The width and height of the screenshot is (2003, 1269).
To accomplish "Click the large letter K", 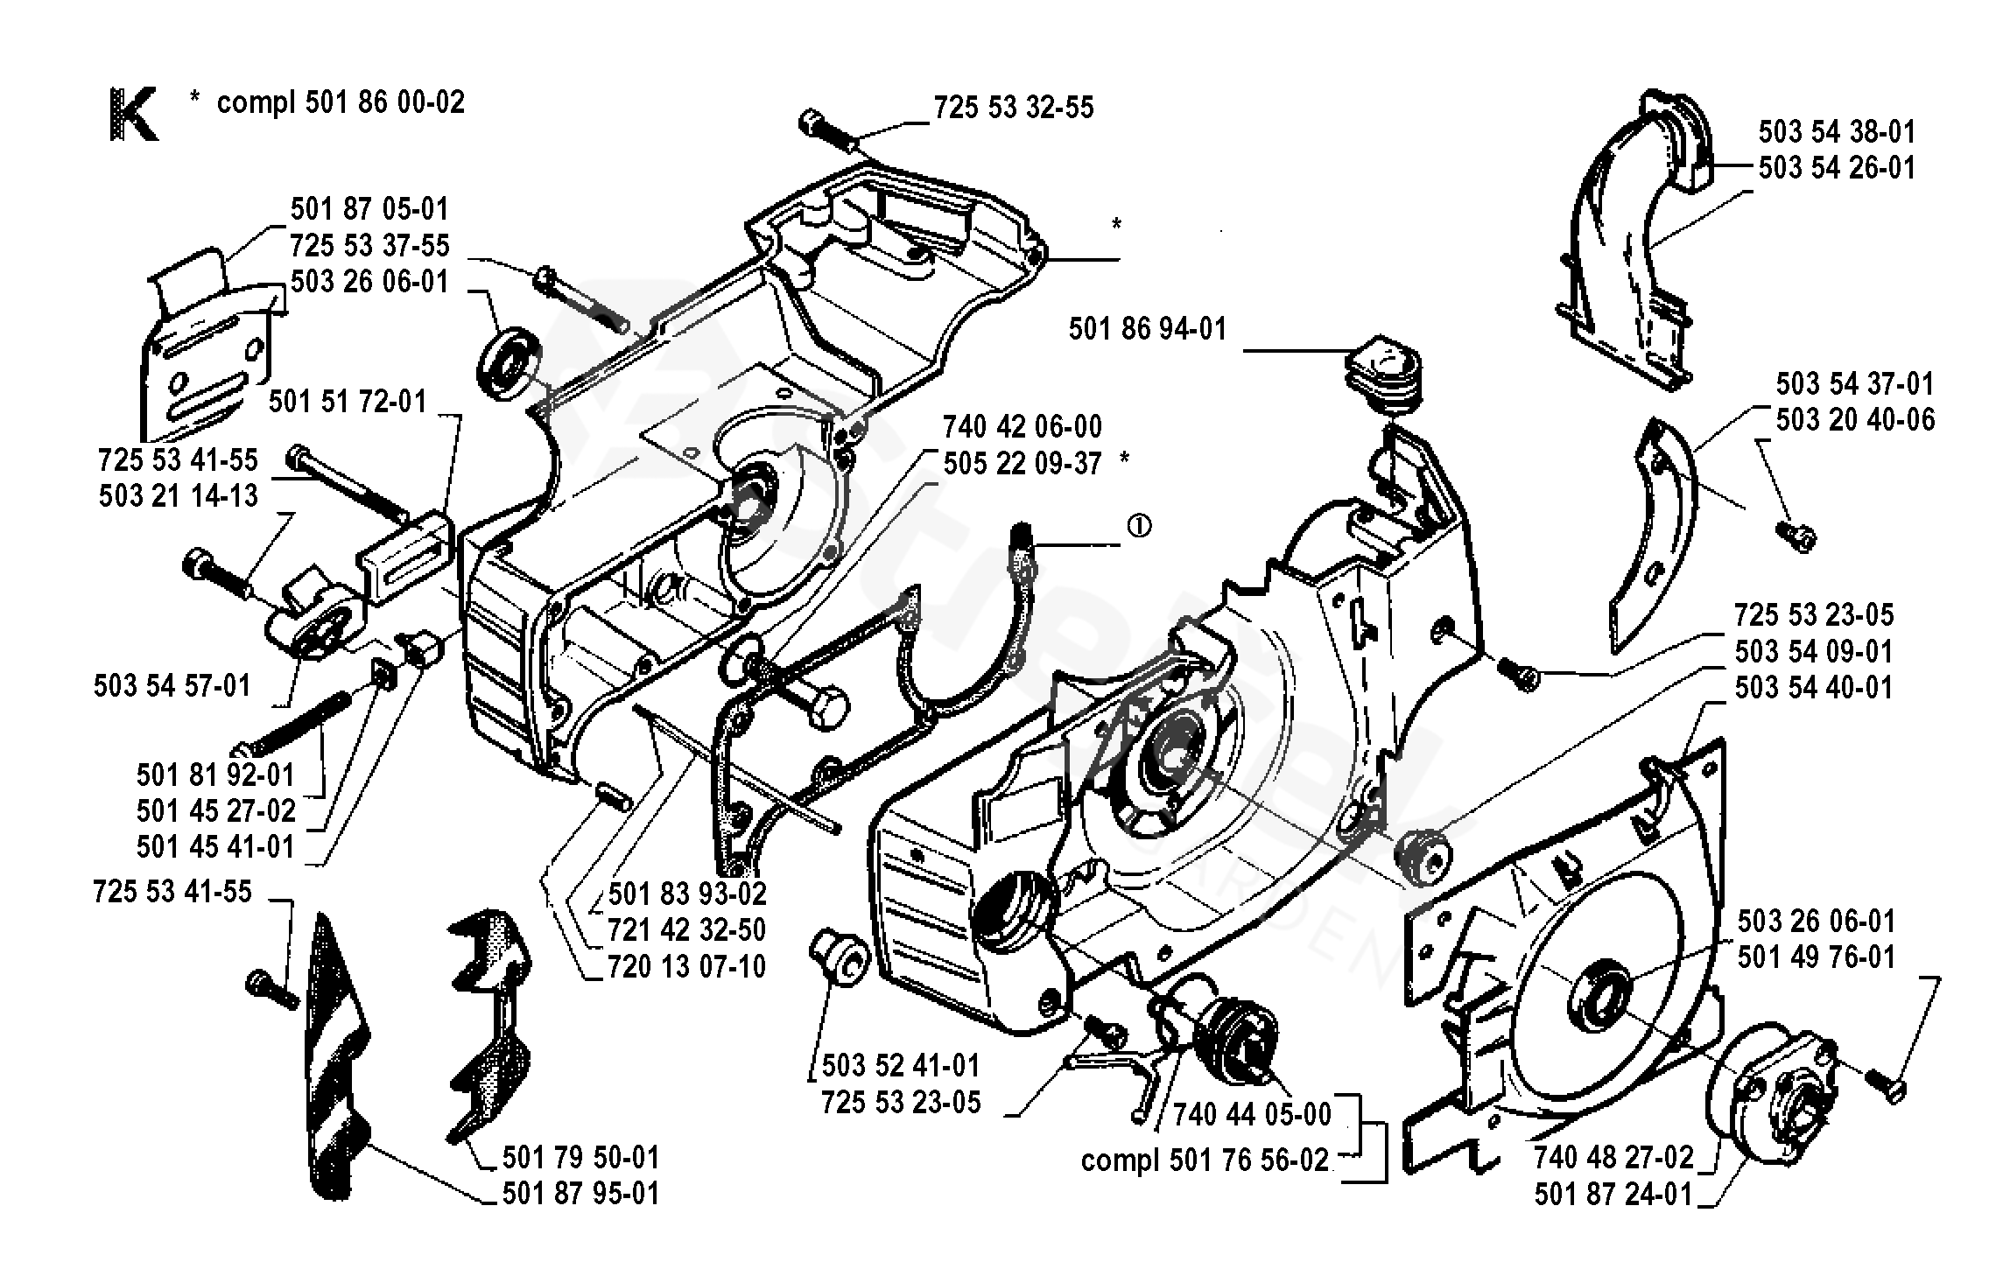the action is [x=134, y=114].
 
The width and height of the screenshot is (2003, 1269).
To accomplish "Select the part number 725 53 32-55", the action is [x=1014, y=109].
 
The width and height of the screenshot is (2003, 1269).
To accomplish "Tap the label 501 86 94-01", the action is [x=1148, y=330].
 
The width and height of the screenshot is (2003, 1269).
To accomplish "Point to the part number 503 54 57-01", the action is [x=172, y=686].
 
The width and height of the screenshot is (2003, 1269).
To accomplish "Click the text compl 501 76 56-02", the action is [x=1205, y=1160].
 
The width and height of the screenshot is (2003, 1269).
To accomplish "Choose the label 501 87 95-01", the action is [x=581, y=1195].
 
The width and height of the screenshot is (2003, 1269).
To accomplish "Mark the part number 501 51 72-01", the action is [x=348, y=403].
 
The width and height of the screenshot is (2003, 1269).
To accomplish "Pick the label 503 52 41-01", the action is [x=901, y=1066].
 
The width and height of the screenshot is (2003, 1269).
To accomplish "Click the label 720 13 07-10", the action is [x=687, y=967].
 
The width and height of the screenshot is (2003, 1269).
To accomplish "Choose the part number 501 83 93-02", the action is [x=687, y=894].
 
